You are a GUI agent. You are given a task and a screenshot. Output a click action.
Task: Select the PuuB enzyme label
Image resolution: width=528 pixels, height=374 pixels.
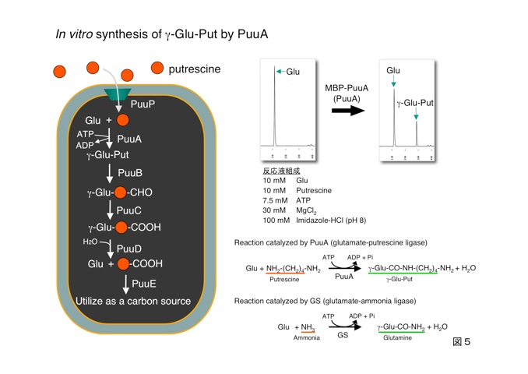130,172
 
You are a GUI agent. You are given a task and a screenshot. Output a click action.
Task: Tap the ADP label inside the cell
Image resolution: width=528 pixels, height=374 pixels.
85,145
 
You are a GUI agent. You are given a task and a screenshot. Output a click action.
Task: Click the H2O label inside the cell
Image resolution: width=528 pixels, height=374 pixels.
92,242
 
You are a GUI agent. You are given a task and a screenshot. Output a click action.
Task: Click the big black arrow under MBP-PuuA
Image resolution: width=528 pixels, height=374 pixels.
349,111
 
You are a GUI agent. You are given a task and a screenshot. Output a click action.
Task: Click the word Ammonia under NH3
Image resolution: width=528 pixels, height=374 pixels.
307,338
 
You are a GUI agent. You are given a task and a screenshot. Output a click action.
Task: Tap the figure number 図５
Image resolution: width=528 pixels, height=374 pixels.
463,341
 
